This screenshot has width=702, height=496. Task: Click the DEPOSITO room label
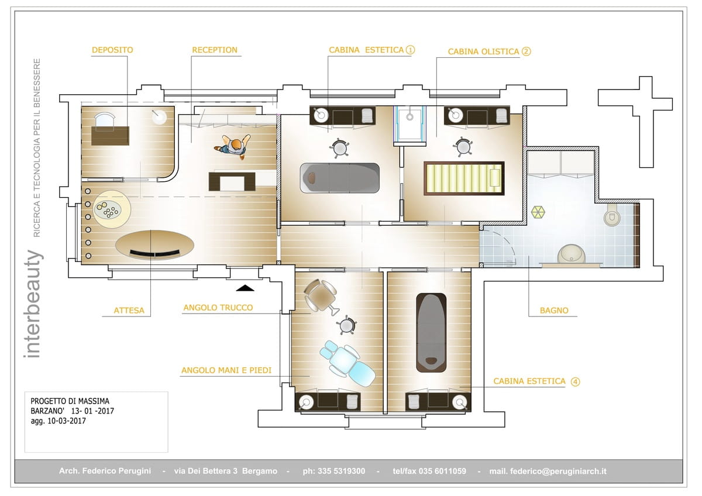(x=112, y=50)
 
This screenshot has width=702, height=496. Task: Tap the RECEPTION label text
(x=215, y=50)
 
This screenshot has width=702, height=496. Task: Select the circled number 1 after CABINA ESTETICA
(x=410, y=50)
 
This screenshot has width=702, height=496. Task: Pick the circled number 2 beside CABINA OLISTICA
(x=526, y=51)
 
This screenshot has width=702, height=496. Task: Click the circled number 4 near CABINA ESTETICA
(x=575, y=381)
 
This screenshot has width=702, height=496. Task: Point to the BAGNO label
(x=554, y=311)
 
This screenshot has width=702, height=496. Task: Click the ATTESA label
(x=129, y=311)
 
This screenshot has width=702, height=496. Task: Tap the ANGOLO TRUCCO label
(x=218, y=308)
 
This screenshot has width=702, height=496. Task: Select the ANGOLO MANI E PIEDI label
(x=226, y=370)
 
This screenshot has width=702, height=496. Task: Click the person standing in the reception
(x=233, y=146)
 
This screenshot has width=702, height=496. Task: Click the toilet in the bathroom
(x=612, y=215)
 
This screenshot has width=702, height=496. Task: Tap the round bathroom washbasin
(x=572, y=254)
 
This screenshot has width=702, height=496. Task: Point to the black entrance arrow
(x=245, y=288)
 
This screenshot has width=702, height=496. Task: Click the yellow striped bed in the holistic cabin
(x=464, y=178)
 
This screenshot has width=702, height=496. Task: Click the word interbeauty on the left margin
(x=33, y=304)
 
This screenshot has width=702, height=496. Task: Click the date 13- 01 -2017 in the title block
(x=92, y=411)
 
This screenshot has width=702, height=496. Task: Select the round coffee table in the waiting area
(x=112, y=209)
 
